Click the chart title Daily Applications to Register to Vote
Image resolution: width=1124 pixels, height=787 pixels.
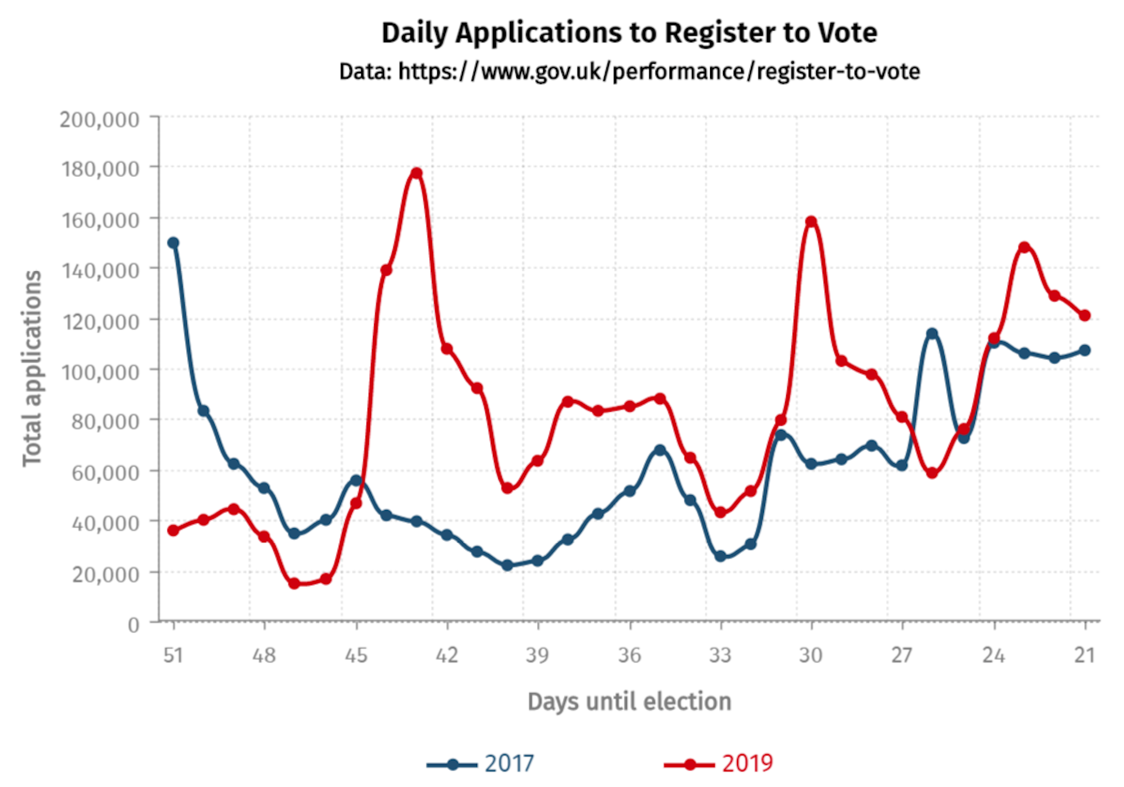coord(629,33)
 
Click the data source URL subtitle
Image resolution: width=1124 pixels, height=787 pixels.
coord(629,71)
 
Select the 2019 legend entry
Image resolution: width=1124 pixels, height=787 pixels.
coord(719,764)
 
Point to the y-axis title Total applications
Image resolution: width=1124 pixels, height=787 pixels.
coord(32,368)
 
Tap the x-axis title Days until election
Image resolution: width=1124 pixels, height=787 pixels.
coord(629,702)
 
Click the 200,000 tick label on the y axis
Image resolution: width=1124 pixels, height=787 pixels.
coord(100,119)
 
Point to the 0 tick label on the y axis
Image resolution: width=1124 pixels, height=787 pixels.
coord(133,625)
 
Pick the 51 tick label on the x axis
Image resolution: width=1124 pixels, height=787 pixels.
coord(173,655)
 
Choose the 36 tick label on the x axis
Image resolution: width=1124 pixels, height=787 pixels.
coord(629,655)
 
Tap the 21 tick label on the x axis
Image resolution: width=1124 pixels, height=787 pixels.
coord(1085,655)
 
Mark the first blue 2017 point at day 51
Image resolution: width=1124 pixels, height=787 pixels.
coord(173,242)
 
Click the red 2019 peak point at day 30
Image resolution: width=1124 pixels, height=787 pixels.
coord(811,222)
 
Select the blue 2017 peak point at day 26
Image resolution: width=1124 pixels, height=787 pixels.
coord(933,334)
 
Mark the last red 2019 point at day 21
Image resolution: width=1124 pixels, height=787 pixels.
coord(1085,315)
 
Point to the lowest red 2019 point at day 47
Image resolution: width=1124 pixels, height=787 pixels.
coord(294,583)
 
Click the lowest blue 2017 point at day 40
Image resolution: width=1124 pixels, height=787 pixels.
coord(508,565)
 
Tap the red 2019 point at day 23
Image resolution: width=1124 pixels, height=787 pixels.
coord(1024,248)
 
